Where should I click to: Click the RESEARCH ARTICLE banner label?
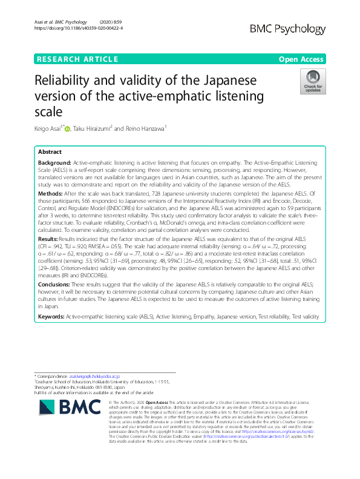[77, 59]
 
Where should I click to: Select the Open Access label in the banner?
[303, 59]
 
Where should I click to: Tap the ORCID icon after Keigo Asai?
[67, 128]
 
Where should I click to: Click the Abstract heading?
[50, 152]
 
